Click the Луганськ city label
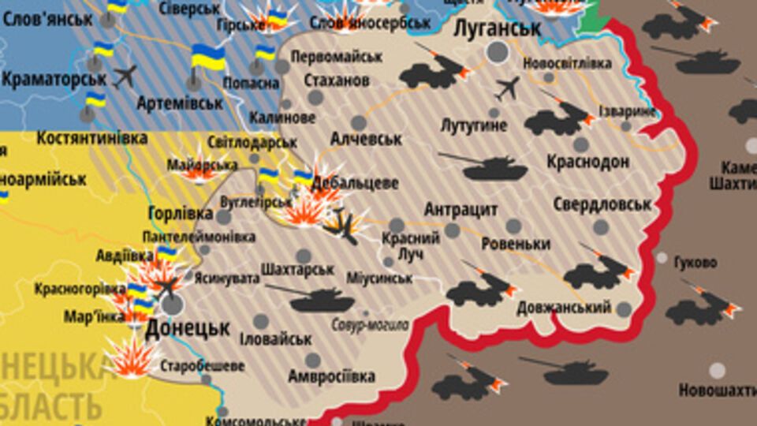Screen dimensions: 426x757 [x=498, y=28]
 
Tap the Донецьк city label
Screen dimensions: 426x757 [x=188, y=327]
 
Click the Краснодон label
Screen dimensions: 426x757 [x=588, y=162]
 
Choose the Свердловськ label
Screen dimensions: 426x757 [x=602, y=204]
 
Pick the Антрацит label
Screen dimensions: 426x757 [x=461, y=210]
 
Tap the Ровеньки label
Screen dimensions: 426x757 [x=516, y=244]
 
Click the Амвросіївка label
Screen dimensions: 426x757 [x=331, y=376]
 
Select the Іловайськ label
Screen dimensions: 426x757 [x=276, y=339]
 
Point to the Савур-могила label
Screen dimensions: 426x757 [x=370, y=324]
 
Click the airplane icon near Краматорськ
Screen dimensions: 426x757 [x=125, y=77]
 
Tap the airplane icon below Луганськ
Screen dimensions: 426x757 [x=508, y=88]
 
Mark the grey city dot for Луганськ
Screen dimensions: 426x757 [x=498, y=53]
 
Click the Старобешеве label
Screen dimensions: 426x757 [x=202, y=367]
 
